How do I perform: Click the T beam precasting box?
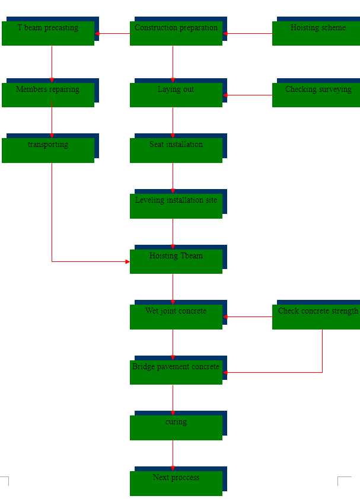tap(48, 33)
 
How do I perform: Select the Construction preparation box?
tap(176, 33)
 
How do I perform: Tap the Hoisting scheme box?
tap(316, 33)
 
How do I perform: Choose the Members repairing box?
tap(48, 95)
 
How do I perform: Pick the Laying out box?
tap(176, 95)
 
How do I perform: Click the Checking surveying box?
tap(316, 95)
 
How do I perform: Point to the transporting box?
tap(48, 150)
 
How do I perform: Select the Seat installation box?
tap(176, 150)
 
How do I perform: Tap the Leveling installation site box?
tap(176, 206)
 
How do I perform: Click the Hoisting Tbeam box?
tap(176, 261)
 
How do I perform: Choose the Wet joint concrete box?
tap(176, 316)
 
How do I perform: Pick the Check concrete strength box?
tap(316, 316)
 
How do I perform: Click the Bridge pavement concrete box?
tap(176, 372)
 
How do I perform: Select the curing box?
tap(176, 427)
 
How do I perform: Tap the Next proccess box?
tap(176, 483)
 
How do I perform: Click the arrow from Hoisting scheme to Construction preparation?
tap(247, 34)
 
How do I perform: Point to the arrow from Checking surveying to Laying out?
tap(247, 95)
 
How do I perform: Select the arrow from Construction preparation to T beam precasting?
tap(112, 34)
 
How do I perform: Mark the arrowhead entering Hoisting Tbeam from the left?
tap(127, 261)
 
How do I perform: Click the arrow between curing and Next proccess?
tap(173, 455)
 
